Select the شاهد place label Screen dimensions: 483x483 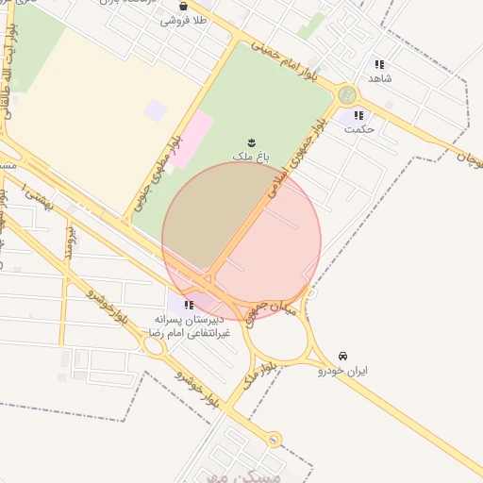pos(381,79)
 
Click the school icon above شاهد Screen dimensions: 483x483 pos(379,65)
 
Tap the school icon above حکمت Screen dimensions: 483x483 pos(358,115)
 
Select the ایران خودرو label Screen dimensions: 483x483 pos(343,371)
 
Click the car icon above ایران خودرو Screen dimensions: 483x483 pos(342,357)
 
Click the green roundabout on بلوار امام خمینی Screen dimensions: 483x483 pos(347,94)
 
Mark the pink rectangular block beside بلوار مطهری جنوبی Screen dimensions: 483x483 pos(192,140)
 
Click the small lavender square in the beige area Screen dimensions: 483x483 pos(156,110)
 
